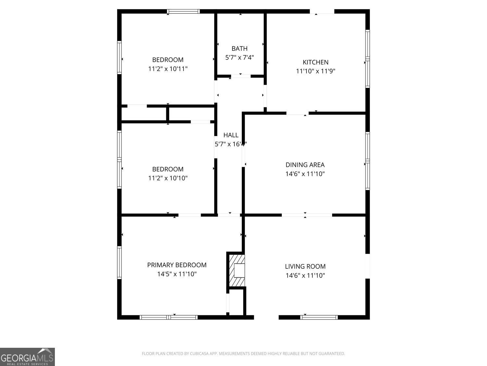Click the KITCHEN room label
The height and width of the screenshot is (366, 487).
(316, 62)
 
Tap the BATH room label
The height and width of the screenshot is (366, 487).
(240, 48)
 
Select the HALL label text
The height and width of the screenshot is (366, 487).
(231, 135)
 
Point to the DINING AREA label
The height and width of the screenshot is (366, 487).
(305, 165)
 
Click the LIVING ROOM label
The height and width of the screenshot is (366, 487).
(305, 266)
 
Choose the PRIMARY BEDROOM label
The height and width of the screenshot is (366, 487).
(177, 265)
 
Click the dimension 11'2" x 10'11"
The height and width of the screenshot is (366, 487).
(168, 69)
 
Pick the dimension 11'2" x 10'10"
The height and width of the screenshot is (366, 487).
(168, 178)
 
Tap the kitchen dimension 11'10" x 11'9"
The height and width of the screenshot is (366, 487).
(316, 71)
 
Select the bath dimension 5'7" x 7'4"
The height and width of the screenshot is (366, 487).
(240, 58)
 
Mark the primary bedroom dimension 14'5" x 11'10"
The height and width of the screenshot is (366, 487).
(177, 274)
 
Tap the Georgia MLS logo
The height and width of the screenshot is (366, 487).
(27, 357)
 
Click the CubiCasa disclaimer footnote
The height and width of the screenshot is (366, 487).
(243, 354)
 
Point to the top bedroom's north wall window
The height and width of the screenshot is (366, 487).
(183, 11)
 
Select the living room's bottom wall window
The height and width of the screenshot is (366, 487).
(319, 317)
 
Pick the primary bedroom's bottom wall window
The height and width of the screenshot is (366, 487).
(169, 317)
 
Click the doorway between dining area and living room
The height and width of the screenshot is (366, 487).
(307, 215)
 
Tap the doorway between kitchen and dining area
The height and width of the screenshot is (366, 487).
(297, 113)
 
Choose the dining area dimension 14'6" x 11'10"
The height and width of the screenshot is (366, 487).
(305, 174)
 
